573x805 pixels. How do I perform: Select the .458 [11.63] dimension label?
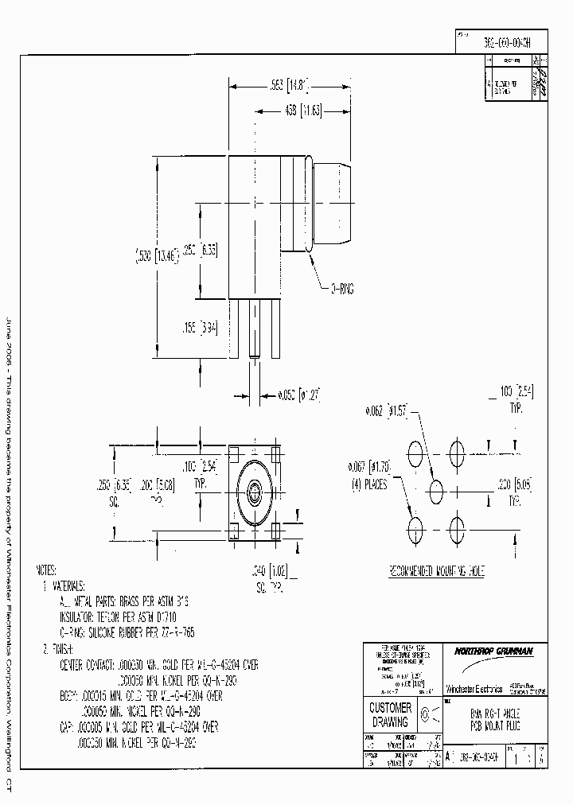[x=304, y=111]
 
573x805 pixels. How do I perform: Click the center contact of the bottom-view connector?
[x=255, y=492]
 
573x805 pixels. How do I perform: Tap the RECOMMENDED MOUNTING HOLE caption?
[x=436, y=571]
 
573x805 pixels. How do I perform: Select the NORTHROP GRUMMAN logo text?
[x=493, y=651]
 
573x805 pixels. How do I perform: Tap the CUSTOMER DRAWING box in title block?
[x=390, y=714]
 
